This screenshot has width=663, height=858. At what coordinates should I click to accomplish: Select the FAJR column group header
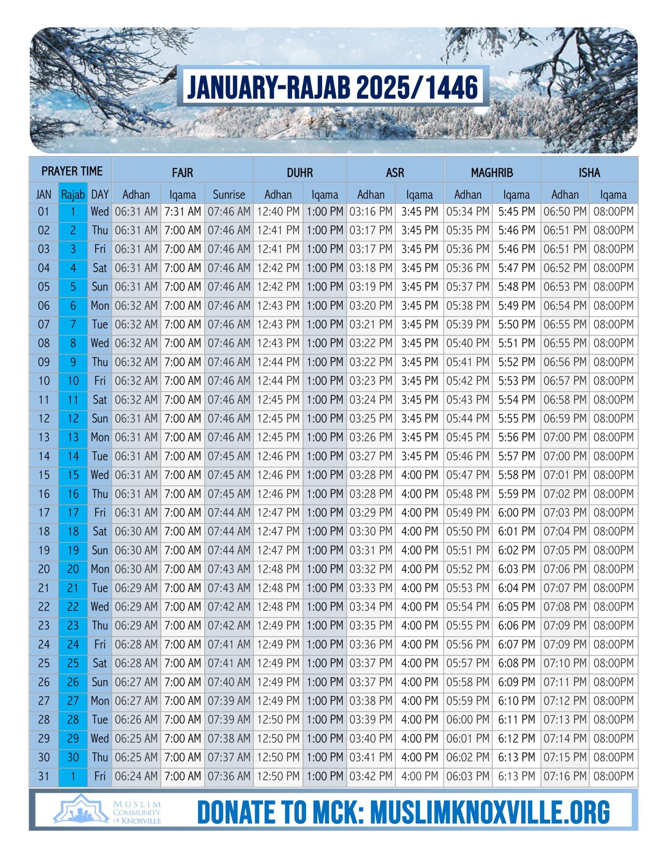coord(182,173)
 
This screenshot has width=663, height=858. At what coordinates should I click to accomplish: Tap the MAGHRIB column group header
coord(492,173)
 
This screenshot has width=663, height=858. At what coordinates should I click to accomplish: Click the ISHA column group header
coord(589,173)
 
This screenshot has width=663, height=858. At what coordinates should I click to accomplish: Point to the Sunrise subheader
coord(229,194)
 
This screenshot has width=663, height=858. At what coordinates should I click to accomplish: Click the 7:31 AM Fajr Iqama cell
coord(182,212)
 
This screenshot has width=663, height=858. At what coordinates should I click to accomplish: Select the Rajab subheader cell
coord(73,194)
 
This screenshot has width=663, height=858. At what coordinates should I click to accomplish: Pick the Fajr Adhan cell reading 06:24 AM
coord(136,776)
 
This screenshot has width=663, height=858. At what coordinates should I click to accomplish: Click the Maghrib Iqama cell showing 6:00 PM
coord(517,512)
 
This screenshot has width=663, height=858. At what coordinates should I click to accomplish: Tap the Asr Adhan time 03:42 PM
coord(371,776)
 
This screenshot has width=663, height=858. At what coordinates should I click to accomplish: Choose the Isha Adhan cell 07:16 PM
coord(565,776)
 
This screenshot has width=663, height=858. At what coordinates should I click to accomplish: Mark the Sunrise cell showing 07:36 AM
coord(229,776)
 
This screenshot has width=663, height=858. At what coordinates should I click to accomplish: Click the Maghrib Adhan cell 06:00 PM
coord(468,719)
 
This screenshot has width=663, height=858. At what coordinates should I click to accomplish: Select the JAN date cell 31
coord(44,776)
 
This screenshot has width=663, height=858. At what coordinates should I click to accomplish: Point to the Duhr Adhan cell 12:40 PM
coord(278,212)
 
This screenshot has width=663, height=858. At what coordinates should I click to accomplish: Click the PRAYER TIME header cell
coord(71,171)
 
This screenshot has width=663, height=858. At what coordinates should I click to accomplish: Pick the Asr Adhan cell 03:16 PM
coord(371,212)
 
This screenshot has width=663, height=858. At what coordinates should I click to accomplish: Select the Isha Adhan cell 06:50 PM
coord(565,212)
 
